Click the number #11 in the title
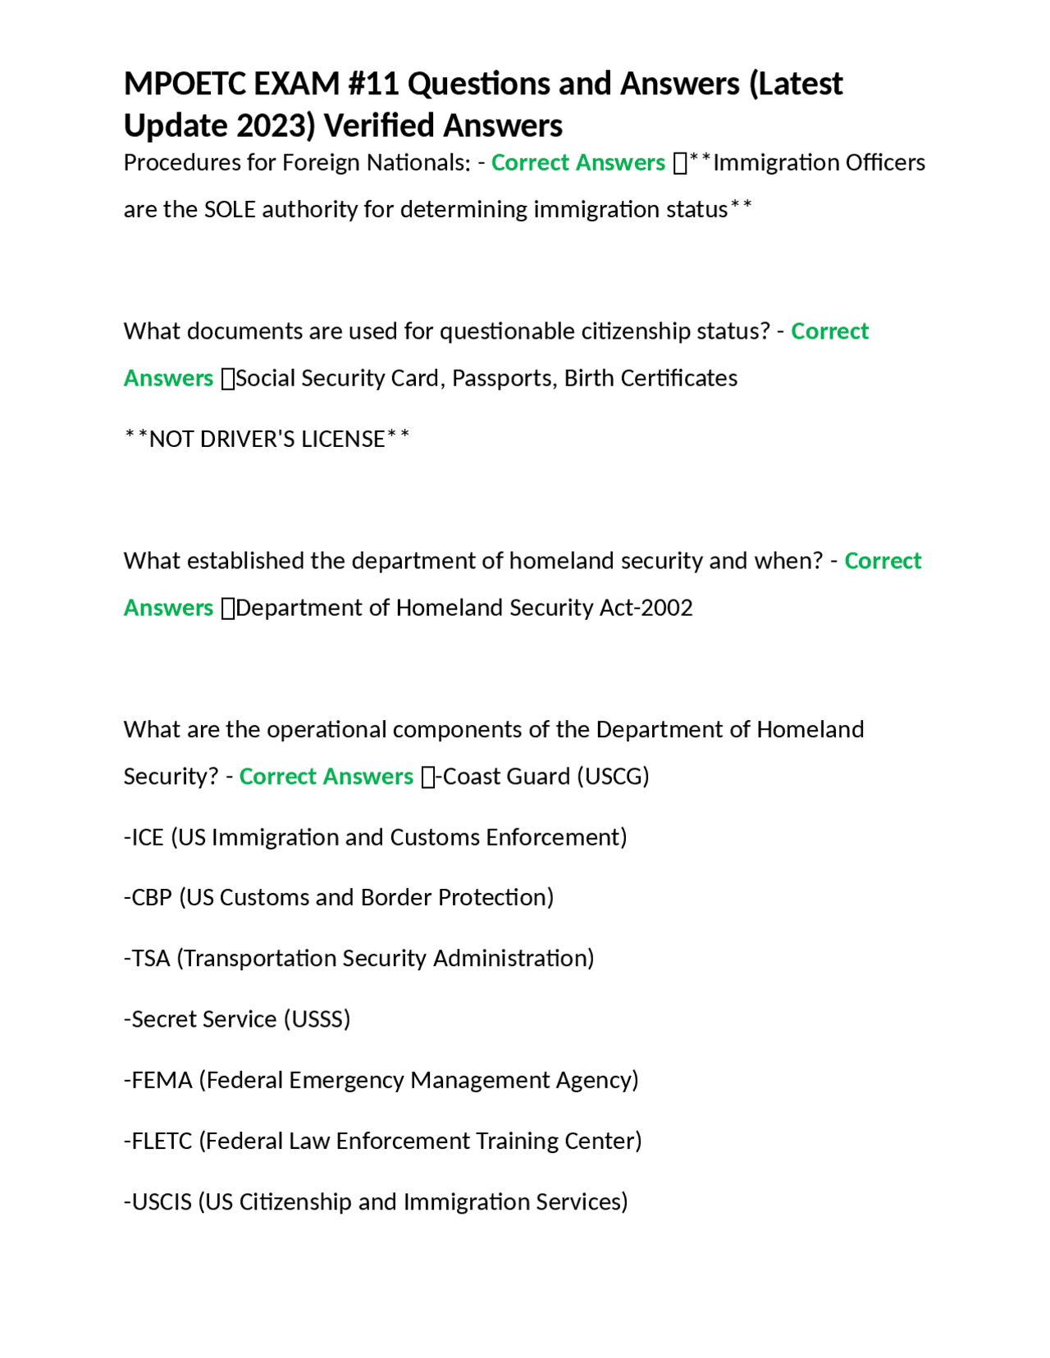click(374, 84)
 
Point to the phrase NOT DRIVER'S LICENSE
click(267, 440)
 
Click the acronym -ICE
click(144, 837)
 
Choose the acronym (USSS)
click(317, 1019)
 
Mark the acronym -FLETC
click(157, 1141)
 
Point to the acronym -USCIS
click(157, 1202)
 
